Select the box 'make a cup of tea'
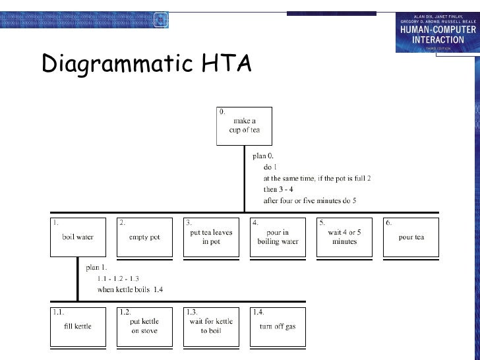tap(244, 126)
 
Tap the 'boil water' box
tap(78, 237)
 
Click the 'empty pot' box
tap(144, 237)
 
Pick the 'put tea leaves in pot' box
tap(211, 237)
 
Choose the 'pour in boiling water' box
tap(278, 237)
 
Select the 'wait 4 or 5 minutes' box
tap(344, 237)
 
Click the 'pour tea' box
tap(410, 237)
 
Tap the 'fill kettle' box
tap(78, 326)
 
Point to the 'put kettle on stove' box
tap(144, 326)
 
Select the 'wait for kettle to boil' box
tap(211, 326)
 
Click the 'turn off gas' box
tap(278, 326)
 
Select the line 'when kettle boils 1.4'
tap(130, 289)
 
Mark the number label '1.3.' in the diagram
tap(193, 311)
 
